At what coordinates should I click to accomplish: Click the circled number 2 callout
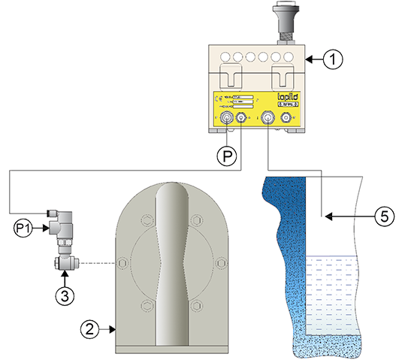pyautogui.click(x=89, y=328)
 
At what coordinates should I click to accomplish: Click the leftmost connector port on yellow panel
pyautogui.click(x=227, y=117)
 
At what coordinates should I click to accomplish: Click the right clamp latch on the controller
pyautogui.click(x=282, y=76)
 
